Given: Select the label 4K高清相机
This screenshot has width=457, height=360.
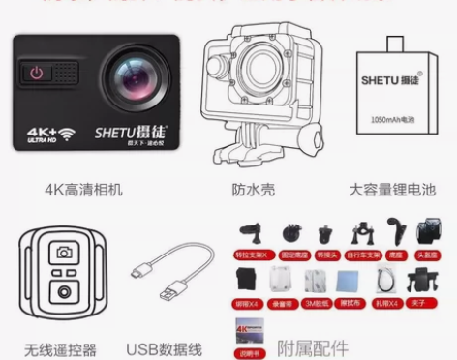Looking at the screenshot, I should click(86, 191).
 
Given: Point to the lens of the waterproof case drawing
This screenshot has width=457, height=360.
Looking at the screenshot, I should click(255, 76).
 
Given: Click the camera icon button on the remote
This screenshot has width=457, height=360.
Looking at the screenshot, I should click(66, 255).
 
